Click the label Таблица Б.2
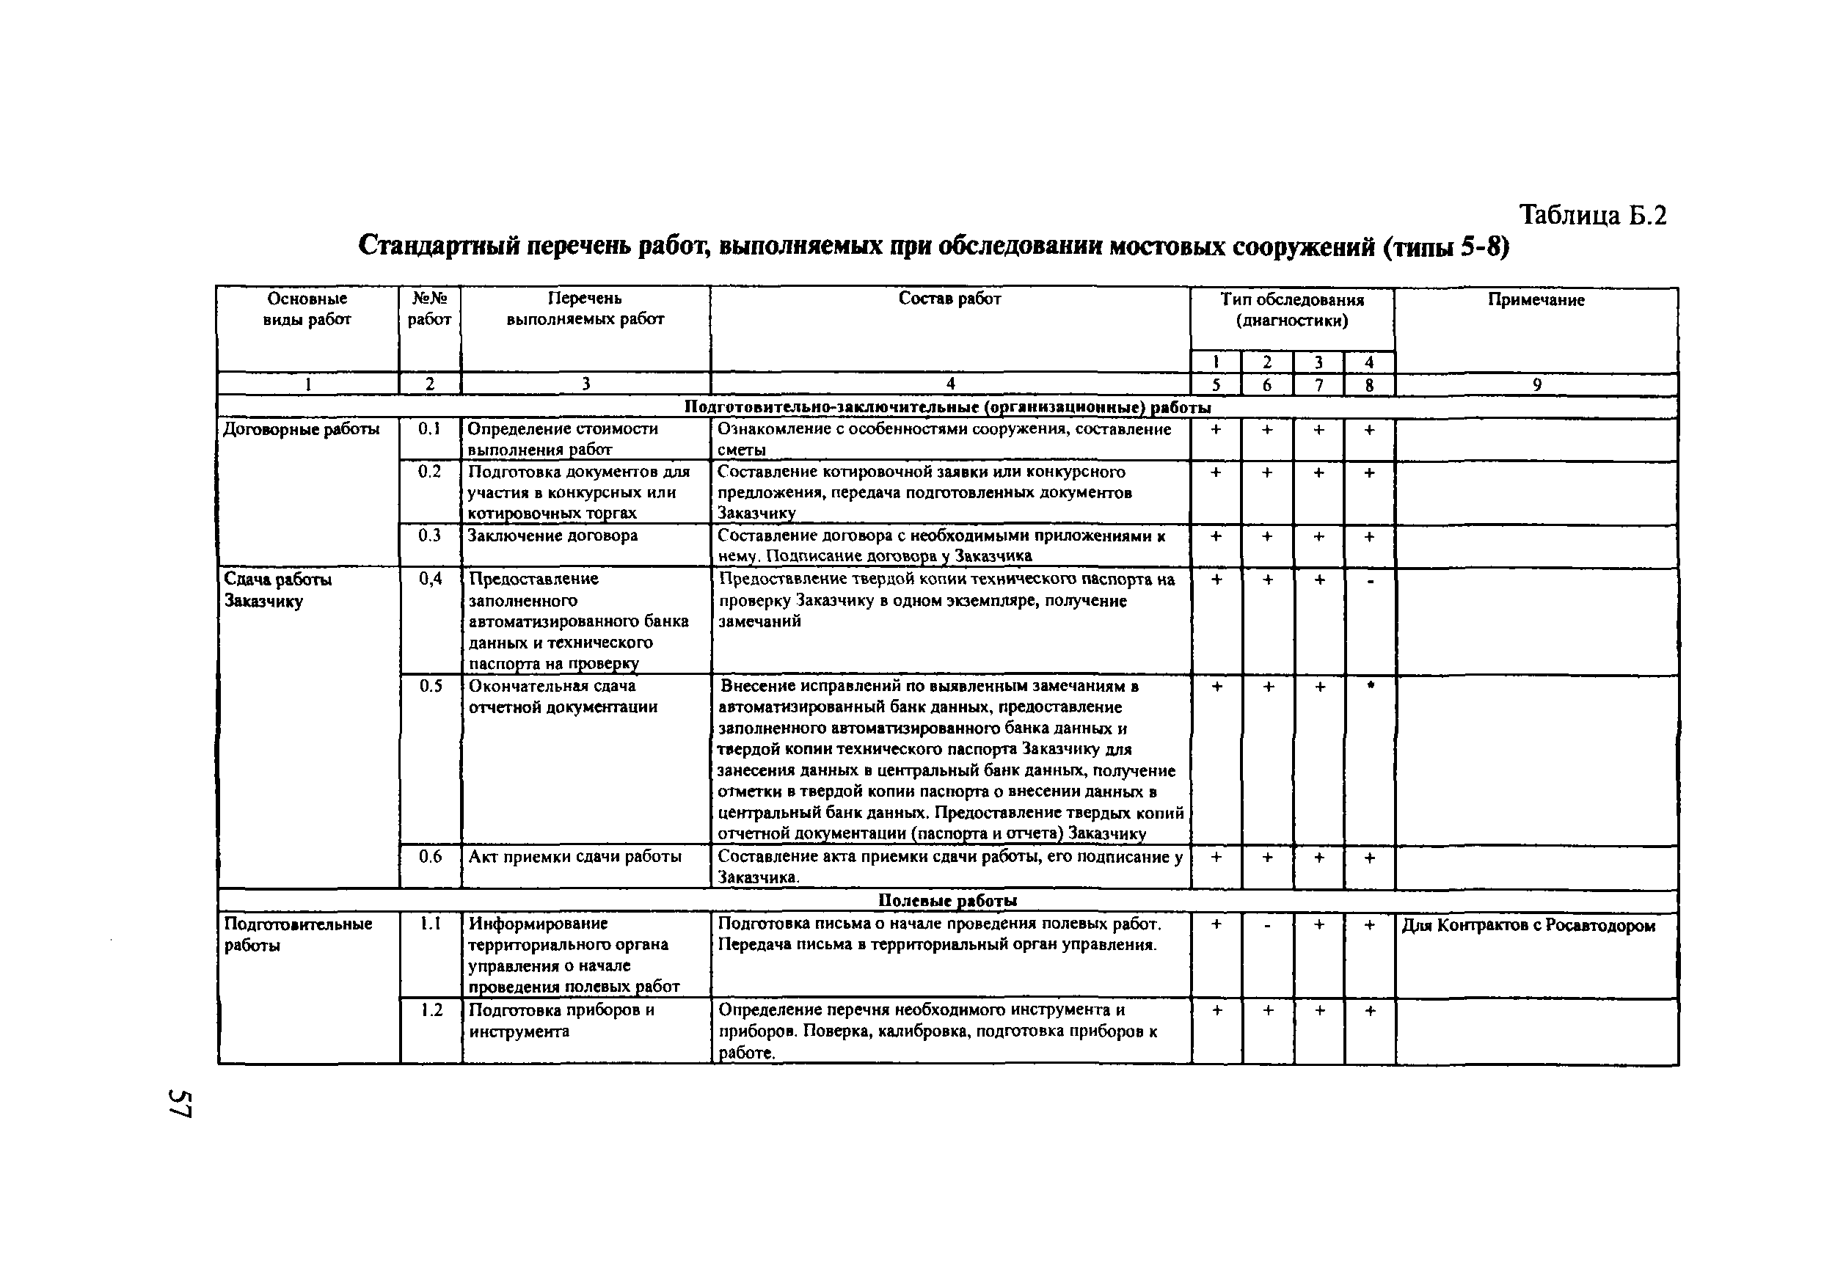(x=1592, y=216)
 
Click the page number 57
(x=180, y=1103)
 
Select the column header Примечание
(x=1536, y=300)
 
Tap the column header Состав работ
(x=949, y=299)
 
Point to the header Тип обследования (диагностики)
(x=1292, y=310)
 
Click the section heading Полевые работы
(x=947, y=900)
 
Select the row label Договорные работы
(x=301, y=429)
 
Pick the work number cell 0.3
(x=429, y=536)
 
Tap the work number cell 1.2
(x=431, y=1011)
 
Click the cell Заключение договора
(x=552, y=536)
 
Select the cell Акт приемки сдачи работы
(x=575, y=856)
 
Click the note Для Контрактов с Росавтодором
(x=1528, y=925)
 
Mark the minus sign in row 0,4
(x=1369, y=581)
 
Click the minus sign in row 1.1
(x=1267, y=925)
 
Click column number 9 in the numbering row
(x=1536, y=385)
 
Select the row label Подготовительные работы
(x=298, y=935)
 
